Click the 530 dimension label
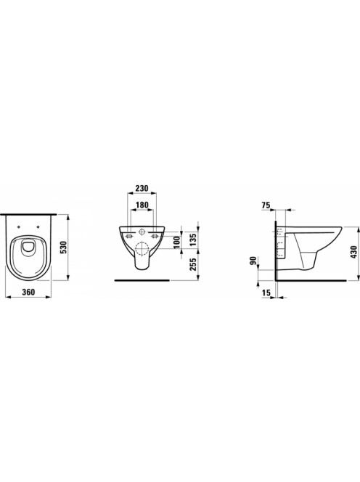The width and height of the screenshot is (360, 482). pyautogui.click(x=64, y=248)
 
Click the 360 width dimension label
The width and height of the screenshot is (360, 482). pyautogui.click(x=28, y=292)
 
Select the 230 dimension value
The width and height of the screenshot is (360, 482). pyautogui.click(x=142, y=188)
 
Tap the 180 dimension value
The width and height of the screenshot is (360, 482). pyautogui.click(x=142, y=205)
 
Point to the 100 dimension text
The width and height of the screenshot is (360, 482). pyautogui.click(x=177, y=243)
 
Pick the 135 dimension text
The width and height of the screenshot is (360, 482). pyautogui.click(x=193, y=240)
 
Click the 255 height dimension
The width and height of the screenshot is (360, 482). pyautogui.click(x=193, y=264)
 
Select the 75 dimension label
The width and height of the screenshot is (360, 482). pyautogui.click(x=266, y=205)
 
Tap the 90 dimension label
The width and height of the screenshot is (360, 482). pyautogui.click(x=253, y=261)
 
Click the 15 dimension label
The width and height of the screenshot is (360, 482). pyautogui.click(x=266, y=293)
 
